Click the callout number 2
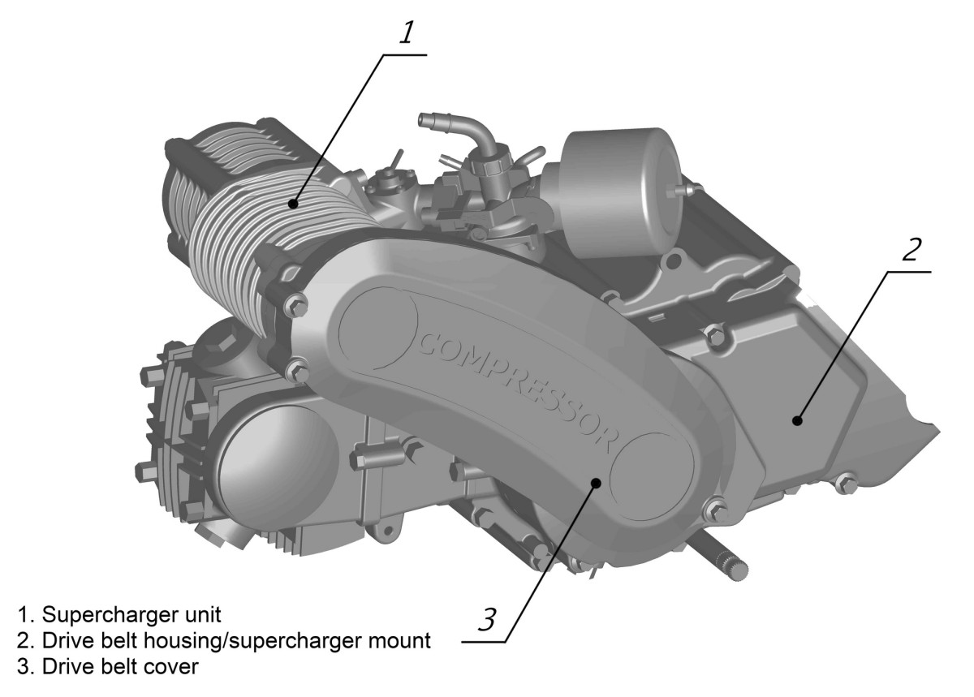click(910, 247)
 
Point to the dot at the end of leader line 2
click(797, 420)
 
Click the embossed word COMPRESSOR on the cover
click(519, 388)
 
